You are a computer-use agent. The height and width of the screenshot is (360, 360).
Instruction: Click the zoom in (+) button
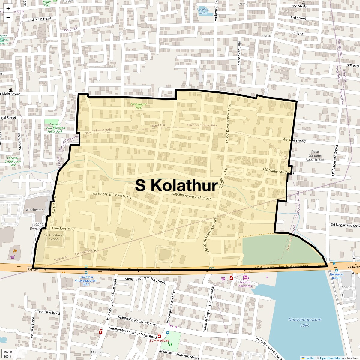[x=8, y=9]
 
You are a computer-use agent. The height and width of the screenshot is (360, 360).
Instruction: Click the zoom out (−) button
[x=8, y=18]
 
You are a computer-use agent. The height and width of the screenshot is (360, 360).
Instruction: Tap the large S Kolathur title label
[x=176, y=185]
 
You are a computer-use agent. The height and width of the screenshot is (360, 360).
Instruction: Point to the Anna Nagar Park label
[x=138, y=106]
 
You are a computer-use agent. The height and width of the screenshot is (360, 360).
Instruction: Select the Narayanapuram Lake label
[x=305, y=322]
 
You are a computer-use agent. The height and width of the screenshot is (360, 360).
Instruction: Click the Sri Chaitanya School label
[x=54, y=237]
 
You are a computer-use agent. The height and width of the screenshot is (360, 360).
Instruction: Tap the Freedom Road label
[x=63, y=229]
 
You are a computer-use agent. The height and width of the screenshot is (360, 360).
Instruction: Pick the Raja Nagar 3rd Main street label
[x=111, y=196]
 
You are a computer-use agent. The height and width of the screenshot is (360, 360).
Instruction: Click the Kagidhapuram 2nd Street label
[x=191, y=196]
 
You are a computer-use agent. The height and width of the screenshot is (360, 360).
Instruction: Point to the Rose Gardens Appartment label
[x=315, y=156]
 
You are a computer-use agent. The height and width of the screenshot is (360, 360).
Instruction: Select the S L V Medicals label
[x=159, y=340]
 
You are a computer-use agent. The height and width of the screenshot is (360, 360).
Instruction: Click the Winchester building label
[x=34, y=210]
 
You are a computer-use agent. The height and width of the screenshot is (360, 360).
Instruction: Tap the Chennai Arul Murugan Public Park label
[x=55, y=128]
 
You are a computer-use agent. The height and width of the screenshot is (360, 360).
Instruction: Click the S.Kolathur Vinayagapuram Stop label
[x=86, y=280]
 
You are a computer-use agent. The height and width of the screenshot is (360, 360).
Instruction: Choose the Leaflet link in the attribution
[x=310, y=358]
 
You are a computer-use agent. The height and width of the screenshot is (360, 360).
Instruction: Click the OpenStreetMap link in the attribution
[x=331, y=358]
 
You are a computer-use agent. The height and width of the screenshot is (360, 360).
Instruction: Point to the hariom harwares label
[x=245, y=284]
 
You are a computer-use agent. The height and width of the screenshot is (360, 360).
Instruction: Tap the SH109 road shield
[x=33, y=270]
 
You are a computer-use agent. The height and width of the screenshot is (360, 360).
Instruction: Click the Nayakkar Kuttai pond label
[x=203, y=11]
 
